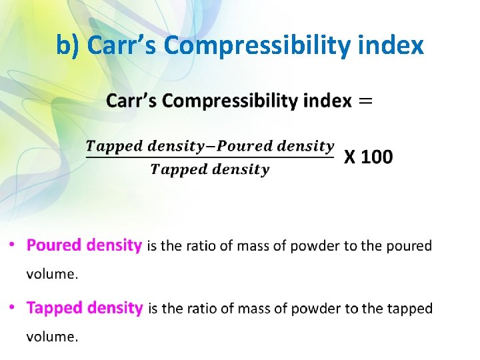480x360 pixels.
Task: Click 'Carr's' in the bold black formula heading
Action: (132, 101)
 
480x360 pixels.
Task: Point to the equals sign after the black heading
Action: (366, 101)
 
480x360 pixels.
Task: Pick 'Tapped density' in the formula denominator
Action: (210, 169)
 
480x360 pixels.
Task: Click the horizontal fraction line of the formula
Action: (210, 158)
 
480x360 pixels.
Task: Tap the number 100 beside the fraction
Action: (377, 157)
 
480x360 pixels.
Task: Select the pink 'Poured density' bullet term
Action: (84, 245)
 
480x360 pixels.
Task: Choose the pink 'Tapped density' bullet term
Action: (85, 308)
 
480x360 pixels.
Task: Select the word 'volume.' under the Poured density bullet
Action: (52, 273)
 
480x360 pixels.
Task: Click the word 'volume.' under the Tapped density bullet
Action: (52, 336)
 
